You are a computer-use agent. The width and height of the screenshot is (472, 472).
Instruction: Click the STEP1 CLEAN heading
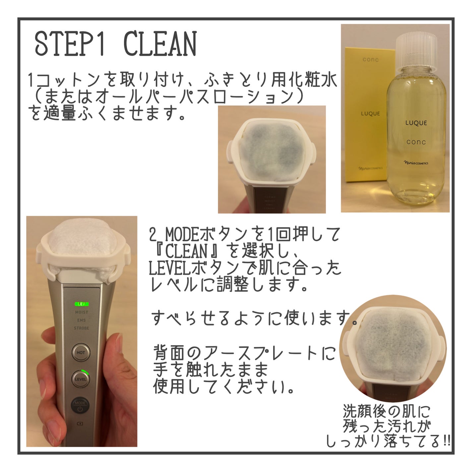(116, 44)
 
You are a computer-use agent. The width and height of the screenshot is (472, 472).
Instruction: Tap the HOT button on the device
(81, 352)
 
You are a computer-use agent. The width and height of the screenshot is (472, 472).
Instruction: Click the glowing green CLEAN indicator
(82, 304)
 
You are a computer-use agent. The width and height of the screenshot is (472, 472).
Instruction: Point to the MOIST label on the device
(82, 312)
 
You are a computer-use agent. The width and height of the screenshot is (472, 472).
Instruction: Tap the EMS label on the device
(82, 320)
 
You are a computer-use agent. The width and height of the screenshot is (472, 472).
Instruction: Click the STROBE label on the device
(82, 328)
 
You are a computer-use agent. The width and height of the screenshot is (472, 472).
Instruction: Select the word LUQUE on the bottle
(416, 123)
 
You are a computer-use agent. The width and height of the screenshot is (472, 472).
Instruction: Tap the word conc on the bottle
(416, 142)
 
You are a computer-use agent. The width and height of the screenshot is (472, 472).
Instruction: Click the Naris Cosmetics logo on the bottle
(416, 163)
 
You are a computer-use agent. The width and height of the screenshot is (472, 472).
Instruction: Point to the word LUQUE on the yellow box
(370, 114)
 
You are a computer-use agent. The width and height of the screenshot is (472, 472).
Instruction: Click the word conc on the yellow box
(370, 60)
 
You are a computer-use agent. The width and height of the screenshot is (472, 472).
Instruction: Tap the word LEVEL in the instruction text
(166, 268)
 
